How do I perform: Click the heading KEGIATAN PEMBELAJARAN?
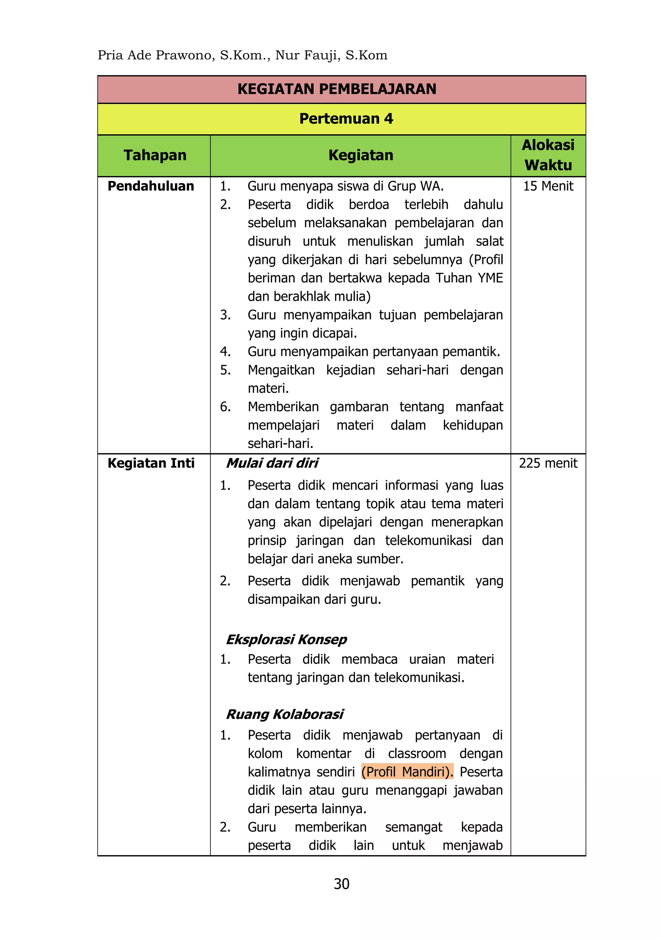coord(337,89)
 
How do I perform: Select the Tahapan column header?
coord(155,155)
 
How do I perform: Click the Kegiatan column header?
coord(361,155)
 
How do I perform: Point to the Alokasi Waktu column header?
coord(548,155)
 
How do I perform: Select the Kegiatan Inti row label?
coord(151,463)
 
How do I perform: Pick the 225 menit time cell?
coord(548,463)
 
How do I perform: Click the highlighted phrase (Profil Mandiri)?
coord(407,771)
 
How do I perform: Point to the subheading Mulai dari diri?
coord(272,463)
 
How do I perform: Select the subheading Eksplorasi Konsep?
coord(286,639)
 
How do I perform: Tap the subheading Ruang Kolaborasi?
coord(285,714)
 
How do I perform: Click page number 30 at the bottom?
coord(341,884)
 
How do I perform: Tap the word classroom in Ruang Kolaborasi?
coord(417,753)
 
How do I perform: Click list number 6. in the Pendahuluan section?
coord(225,407)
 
